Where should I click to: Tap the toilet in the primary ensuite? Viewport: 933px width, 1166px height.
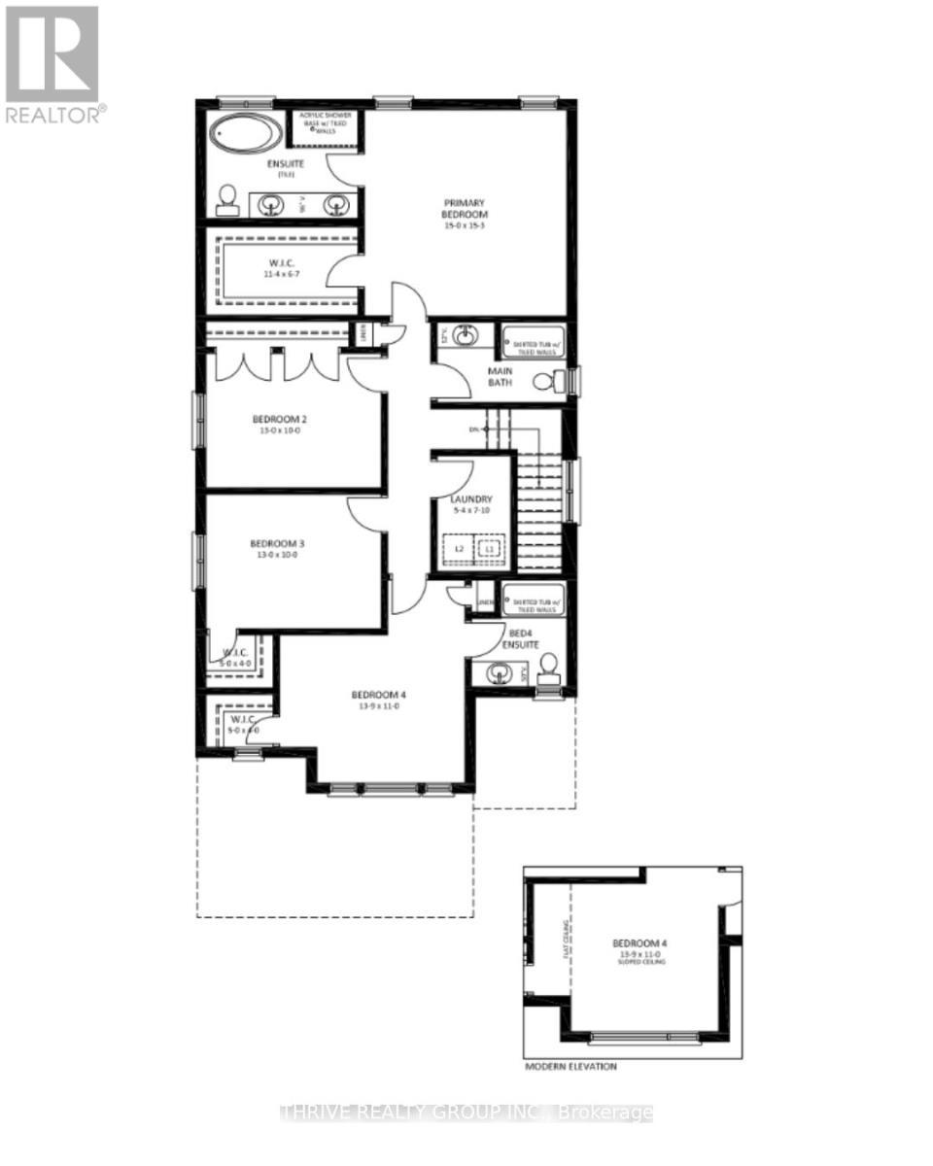(226, 199)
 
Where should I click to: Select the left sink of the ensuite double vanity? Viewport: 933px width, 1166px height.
(272, 205)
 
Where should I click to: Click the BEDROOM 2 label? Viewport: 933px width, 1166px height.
(280, 426)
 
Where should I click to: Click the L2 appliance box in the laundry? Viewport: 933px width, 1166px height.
(459, 549)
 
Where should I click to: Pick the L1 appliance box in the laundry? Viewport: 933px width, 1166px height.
(490, 549)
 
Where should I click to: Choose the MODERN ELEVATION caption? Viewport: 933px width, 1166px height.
(570, 1066)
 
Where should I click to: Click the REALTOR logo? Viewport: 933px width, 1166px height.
(53, 63)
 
